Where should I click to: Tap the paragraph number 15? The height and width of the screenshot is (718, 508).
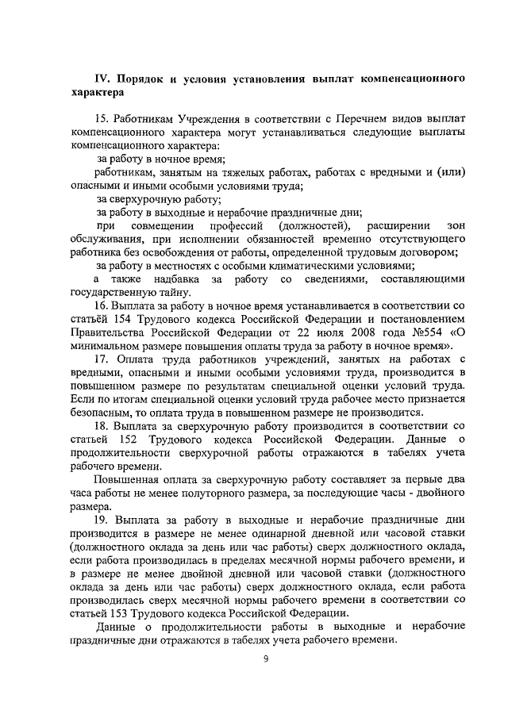pyautogui.click(x=102, y=118)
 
